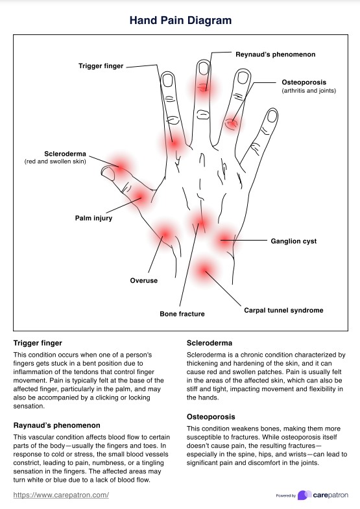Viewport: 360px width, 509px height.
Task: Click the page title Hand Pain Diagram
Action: coord(180,20)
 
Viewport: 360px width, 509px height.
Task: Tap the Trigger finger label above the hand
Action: coord(101,65)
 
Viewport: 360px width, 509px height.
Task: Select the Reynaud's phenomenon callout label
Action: coord(275,54)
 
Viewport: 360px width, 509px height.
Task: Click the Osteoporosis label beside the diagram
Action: coord(308,82)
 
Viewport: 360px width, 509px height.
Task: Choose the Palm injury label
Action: coord(93,219)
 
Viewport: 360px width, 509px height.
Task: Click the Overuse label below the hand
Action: coord(143,281)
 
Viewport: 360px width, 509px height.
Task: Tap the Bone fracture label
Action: coord(182,314)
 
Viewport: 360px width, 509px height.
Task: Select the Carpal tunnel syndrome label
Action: coord(283,310)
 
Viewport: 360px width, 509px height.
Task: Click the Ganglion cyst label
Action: coord(293,241)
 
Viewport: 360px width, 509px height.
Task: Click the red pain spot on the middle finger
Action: coord(203,86)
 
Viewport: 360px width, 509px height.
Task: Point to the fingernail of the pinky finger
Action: coord(270,117)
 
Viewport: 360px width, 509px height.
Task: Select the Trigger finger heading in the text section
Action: coord(38,342)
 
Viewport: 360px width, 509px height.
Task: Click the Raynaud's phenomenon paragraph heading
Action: coord(56,425)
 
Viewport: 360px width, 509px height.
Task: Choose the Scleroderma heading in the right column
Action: coord(210,342)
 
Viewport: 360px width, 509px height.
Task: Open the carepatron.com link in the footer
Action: coord(61,495)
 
